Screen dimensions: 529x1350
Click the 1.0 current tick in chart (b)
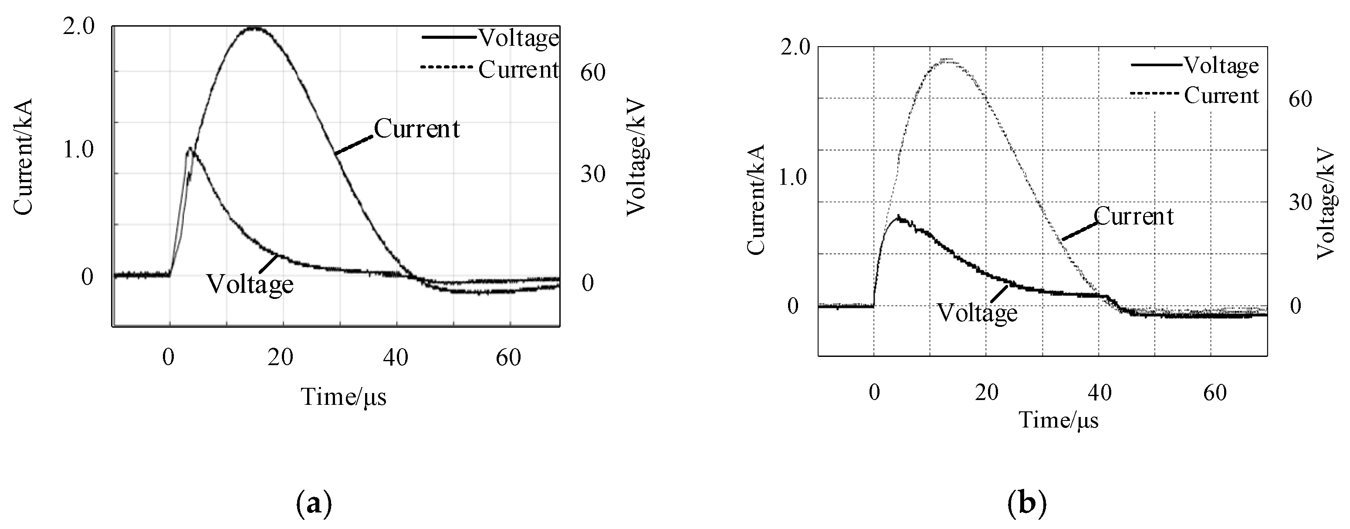[x=793, y=178]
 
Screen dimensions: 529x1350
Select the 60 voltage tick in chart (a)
[x=593, y=73]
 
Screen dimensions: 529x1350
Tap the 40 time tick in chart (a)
[x=395, y=358]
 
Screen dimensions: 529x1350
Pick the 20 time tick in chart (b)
[x=987, y=392]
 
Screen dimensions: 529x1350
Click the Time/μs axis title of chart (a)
[x=343, y=397]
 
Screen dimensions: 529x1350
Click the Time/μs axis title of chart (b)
[x=1058, y=420]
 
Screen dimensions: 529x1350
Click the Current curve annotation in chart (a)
[x=416, y=129]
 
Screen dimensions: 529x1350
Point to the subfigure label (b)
[x=1027, y=504]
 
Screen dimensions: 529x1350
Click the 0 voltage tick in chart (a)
[x=588, y=283]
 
